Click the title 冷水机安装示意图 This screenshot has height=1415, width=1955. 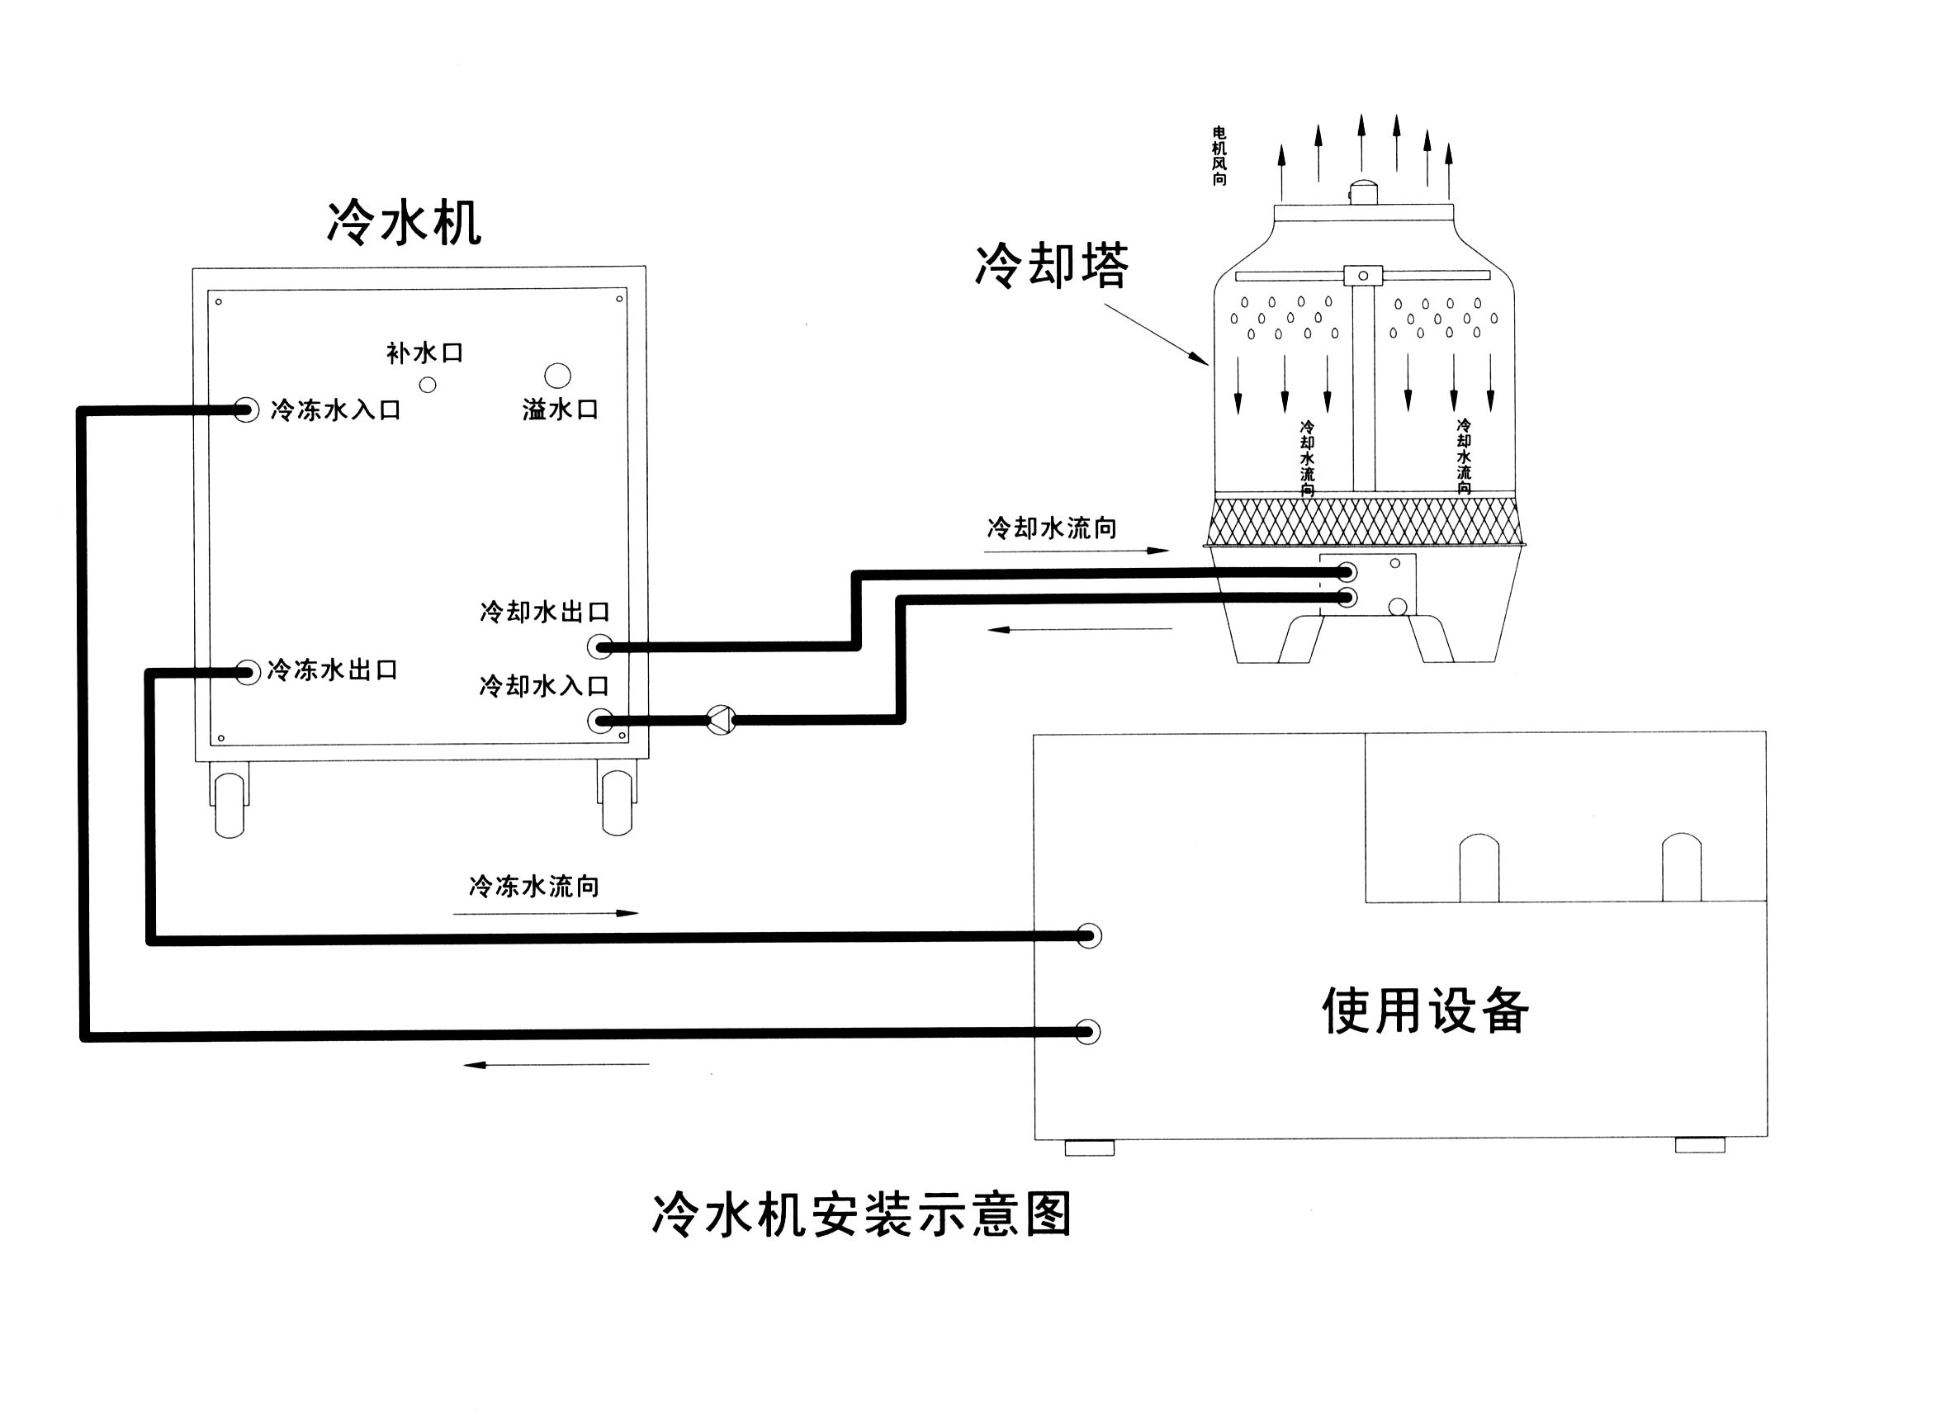(x=861, y=1215)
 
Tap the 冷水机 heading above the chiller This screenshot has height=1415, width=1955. (x=404, y=223)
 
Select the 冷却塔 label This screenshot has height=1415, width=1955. (x=1051, y=266)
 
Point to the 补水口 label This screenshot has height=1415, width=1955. (x=424, y=353)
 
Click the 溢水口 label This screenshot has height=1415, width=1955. (x=561, y=409)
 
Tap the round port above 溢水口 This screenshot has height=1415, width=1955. (x=558, y=376)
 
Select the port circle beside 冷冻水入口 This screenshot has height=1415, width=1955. (x=247, y=410)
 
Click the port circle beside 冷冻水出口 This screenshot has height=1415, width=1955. (x=248, y=672)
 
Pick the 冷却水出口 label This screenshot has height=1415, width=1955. (x=545, y=612)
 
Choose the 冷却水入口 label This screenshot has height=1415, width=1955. (x=545, y=686)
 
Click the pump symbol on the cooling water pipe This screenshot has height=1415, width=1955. (x=721, y=720)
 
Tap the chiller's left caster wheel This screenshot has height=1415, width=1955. (x=230, y=804)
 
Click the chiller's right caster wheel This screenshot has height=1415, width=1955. (x=617, y=802)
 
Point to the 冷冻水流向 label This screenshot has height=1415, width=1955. (x=533, y=886)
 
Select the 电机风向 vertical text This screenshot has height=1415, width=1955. (x=1219, y=156)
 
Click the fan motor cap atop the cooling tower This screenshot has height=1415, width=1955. (x=1363, y=192)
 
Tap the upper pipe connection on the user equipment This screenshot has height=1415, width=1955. (x=1089, y=936)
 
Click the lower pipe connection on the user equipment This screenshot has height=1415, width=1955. (x=1088, y=1031)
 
